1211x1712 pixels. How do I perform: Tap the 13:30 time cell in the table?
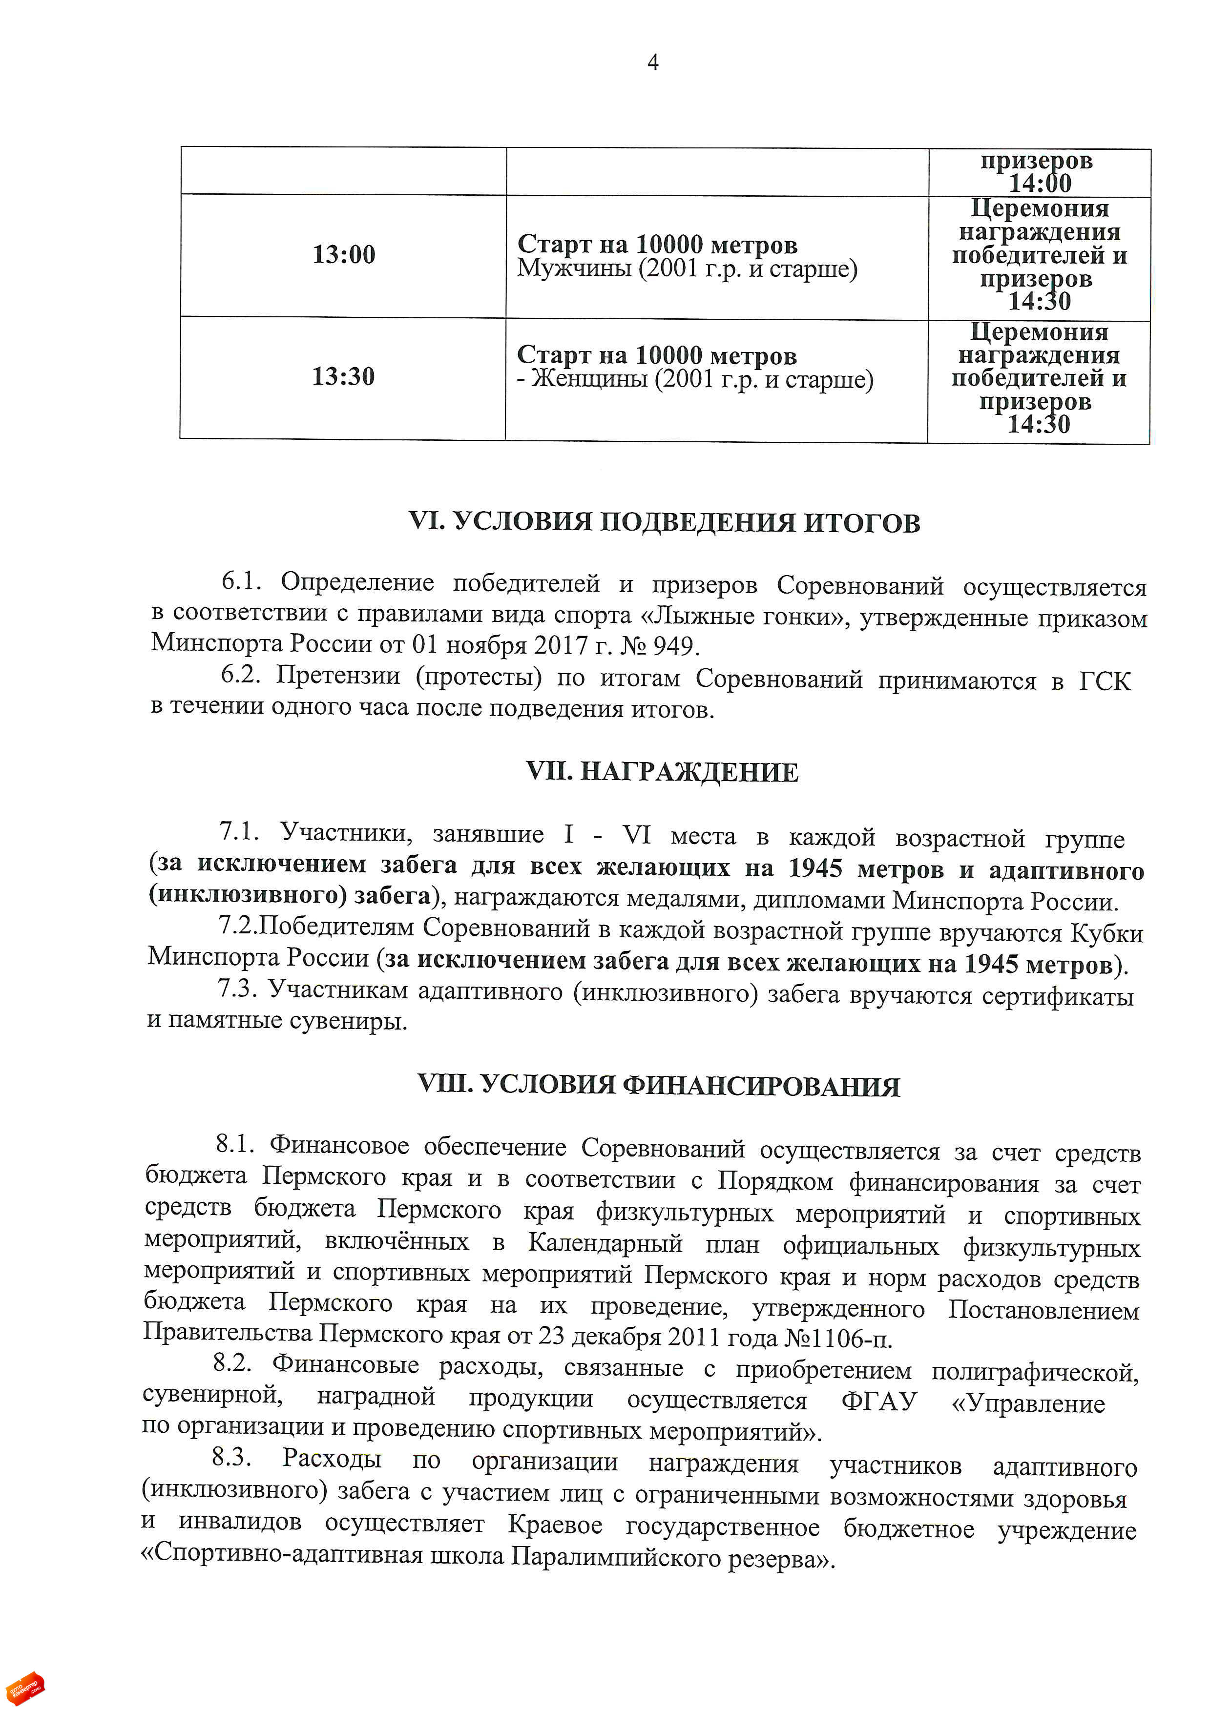coord(343,376)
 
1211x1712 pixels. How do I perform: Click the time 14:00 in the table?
coord(1040,184)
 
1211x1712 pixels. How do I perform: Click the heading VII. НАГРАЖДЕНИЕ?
coord(662,772)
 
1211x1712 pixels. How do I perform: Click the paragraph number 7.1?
coord(239,831)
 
